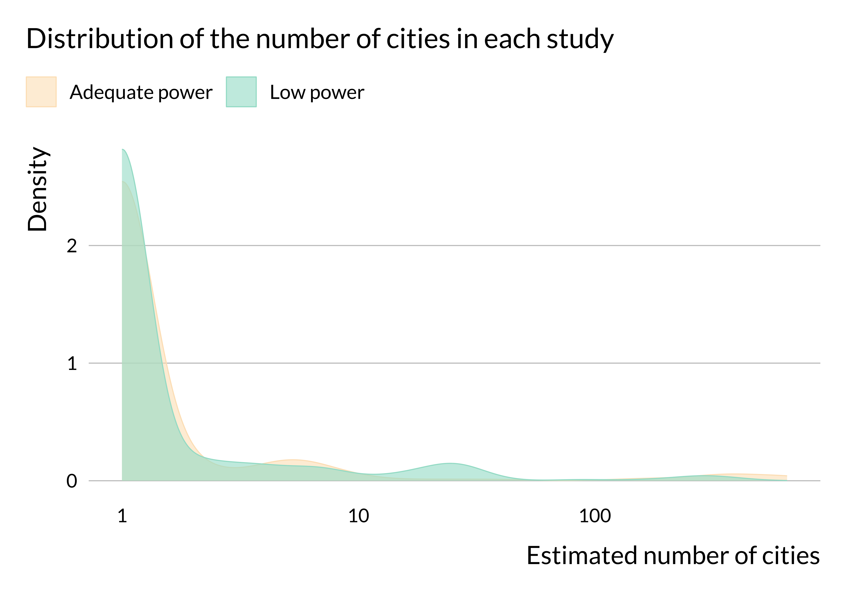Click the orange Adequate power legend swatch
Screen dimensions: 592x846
pyautogui.click(x=41, y=92)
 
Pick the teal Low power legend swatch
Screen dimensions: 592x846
pyautogui.click(x=241, y=92)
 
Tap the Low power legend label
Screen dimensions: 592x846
pyautogui.click(x=317, y=92)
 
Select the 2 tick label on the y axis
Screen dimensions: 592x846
pyautogui.click(x=72, y=246)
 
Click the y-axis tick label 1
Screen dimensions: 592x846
pyautogui.click(x=72, y=364)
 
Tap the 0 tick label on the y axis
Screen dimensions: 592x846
pyautogui.click(x=72, y=481)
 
